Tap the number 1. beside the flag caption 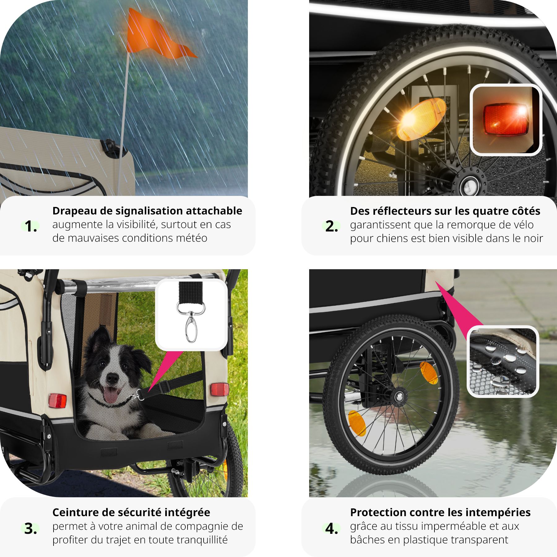[x=31, y=227]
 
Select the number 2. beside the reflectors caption [x=331, y=227]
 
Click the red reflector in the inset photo [x=506, y=119]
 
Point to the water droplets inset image [x=503, y=361]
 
